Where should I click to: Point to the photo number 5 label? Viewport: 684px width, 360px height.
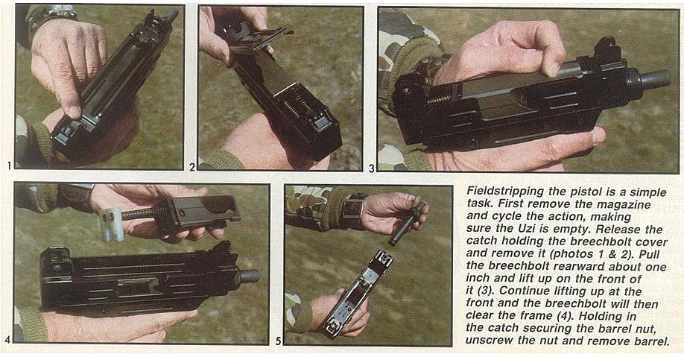(x=278, y=341)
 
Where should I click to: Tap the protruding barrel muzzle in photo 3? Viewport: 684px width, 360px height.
(x=653, y=80)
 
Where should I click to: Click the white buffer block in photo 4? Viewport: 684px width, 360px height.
(x=110, y=224)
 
